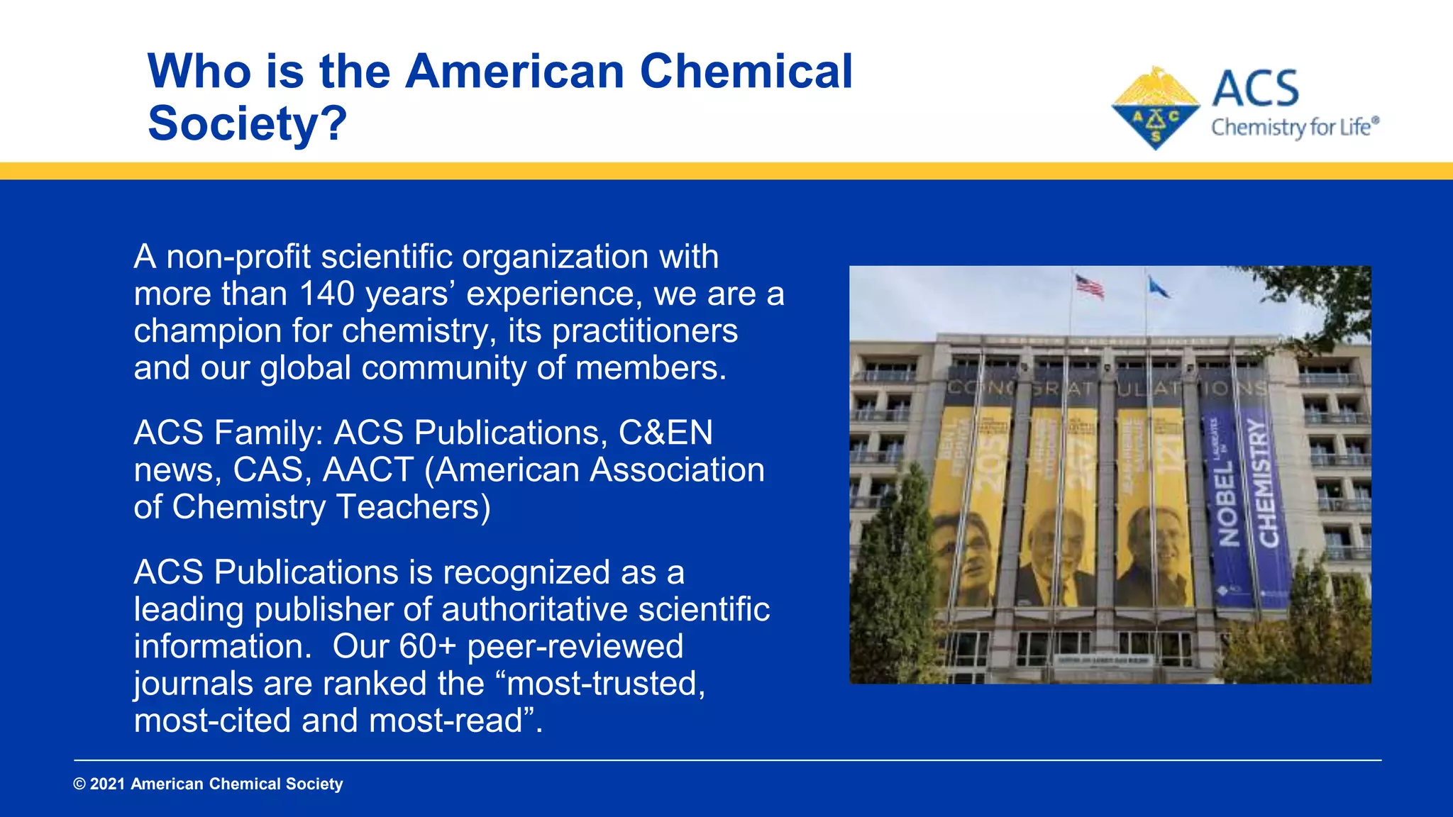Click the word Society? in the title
pyautogui.click(x=247, y=123)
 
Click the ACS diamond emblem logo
pyautogui.click(x=1156, y=109)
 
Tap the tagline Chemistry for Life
pyautogui.click(x=1294, y=128)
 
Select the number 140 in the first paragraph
pyautogui.click(x=326, y=294)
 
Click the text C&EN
pyautogui.click(x=665, y=433)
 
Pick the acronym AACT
pyautogui.click(x=368, y=470)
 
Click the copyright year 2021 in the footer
pyautogui.click(x=107, y=784)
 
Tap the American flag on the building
pyautogui.click(x=1089, y=286)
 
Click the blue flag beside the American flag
pyautogui.click(x=1159, y=287)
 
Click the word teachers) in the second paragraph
pyautogui.click(x=413, y=507)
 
